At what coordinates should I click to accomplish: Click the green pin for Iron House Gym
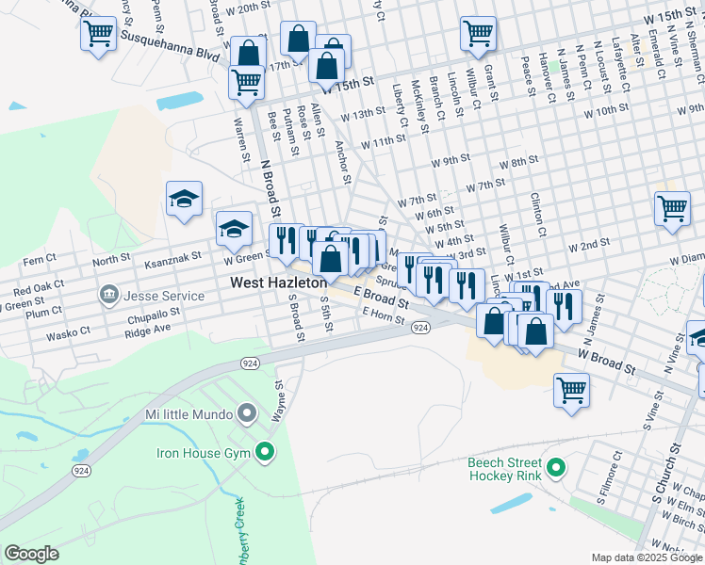tap(265, 453)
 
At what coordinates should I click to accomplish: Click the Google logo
tap(32, 553)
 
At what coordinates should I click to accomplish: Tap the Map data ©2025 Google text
tap(647, 557)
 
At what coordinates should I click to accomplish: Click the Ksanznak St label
tap(173, 255)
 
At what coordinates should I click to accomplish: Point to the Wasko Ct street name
tap(72, 331)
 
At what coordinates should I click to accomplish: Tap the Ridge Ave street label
tap(148, 330)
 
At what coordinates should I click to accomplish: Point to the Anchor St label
tap(343, 161)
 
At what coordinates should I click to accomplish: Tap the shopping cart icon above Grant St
tap(478, 34)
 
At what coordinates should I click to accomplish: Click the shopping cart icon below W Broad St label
tap(571, 388)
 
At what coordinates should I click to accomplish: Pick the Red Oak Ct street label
tap(39, 285)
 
